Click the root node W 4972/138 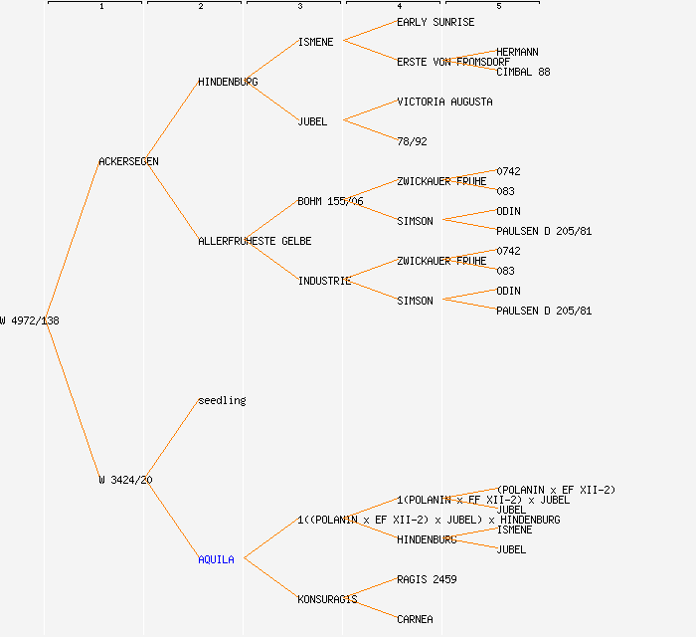(30, 320)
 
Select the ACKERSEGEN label (128, 161)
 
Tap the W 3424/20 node (125, 480)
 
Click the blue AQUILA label (216, 559)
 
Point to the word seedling (222, 400)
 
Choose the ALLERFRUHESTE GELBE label (255, 241)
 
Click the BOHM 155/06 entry (330, 201)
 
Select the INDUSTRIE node (324, 281)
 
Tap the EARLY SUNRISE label (435, 22)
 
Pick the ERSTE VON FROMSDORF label (453, 62)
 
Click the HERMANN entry (517, 52)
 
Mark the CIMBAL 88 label (523, 72)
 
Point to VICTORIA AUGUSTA (444, 102)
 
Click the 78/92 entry (412, 141)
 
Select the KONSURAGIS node (327, 599)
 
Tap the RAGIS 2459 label (427, 579)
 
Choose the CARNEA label (415, 619)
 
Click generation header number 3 (299, 7)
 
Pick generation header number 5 (498, 7)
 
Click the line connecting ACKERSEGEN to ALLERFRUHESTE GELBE (174, 202)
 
